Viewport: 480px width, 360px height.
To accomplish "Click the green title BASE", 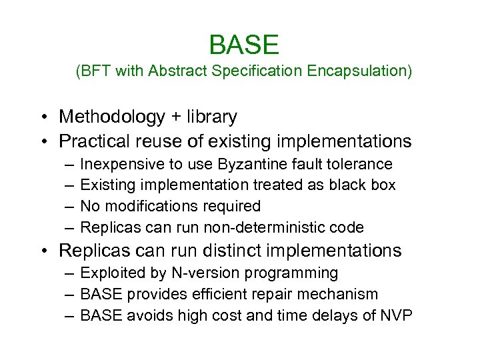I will (243, 45).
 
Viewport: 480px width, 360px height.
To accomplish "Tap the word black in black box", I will (353, 185).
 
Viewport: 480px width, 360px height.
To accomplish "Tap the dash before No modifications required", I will (69, 206).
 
